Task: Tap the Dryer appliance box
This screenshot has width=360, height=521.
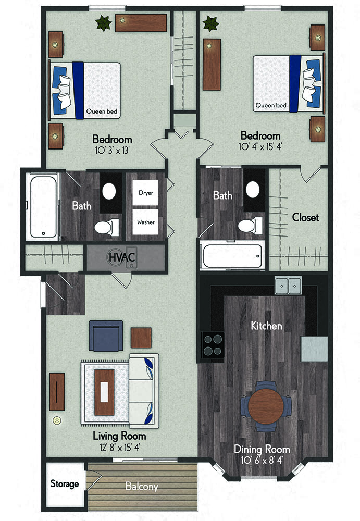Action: tap(145, 193)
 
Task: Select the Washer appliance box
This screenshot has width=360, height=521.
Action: tap(145, 222)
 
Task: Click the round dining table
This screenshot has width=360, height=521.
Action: tap(266, 406)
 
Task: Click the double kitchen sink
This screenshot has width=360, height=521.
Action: tap(288, 286)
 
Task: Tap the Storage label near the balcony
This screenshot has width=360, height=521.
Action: tap(65, 484)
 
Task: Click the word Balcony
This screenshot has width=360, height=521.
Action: tap(142, 487)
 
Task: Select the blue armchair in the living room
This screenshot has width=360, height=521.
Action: tap(106, 336)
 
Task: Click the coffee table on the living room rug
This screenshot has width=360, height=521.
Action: tap(104, 392)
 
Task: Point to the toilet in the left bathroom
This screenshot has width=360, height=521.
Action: tap(106, 227)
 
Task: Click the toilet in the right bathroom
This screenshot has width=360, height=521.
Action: tap(250, 226)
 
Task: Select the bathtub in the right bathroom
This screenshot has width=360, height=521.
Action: tap(232, 256)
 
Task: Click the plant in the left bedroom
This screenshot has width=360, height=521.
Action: tap(104, 23)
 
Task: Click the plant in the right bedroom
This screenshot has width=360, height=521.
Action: tap(211, 24)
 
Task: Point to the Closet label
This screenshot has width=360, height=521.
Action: tap(305, 217)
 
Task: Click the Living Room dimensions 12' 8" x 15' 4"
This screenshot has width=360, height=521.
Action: tap(120, 447)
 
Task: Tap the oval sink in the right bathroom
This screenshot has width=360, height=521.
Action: tap(253, 190)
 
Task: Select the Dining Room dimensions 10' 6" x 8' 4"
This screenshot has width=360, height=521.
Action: tap(262, 460)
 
